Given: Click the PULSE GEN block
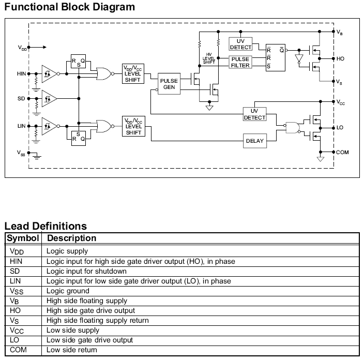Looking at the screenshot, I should tap(169, 84).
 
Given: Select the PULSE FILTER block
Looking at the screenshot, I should tap(240, 62).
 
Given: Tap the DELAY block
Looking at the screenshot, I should tap(254, 141).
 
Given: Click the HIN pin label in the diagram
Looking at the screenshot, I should tap(21, 74).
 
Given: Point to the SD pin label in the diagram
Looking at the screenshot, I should tap(21, 98).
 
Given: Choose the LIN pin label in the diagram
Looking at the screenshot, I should tap(21, 126).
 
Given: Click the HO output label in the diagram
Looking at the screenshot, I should tap(340, 59).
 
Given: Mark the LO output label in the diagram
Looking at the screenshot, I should tap(340, 127).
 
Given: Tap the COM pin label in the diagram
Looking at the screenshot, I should tap(342, 153).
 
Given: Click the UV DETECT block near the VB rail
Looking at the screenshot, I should tap(240, 44).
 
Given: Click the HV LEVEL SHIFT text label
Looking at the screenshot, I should tap(209, 58).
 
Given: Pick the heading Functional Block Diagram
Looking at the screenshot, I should tap(70, 7).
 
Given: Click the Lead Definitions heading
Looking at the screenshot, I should tap(45, 226).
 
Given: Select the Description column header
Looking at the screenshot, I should tap(71, 238).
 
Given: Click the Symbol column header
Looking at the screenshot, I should tap(23, 238).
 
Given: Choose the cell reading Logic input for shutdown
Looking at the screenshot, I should tap(86, 271).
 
